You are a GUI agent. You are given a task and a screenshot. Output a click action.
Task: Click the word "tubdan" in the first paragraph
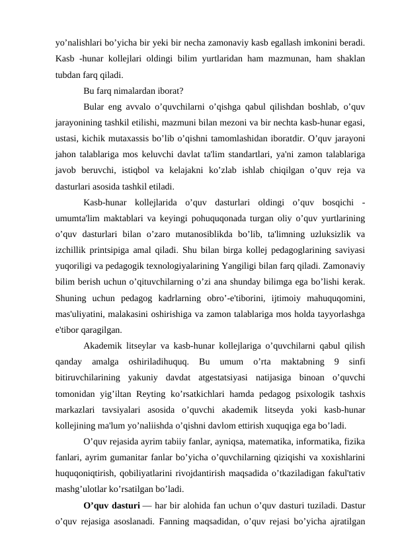69,75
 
